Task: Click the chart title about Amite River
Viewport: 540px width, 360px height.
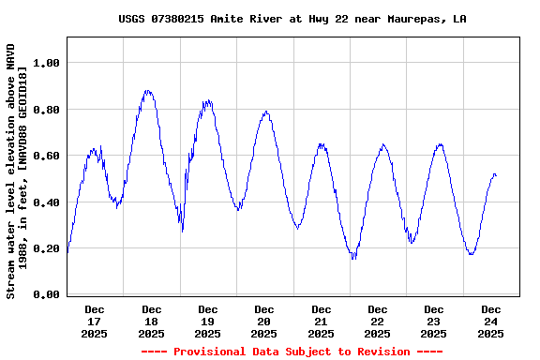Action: pos(292,19)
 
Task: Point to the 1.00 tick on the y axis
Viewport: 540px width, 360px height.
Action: pos(46,63)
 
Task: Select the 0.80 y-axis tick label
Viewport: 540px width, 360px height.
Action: pos(46,110)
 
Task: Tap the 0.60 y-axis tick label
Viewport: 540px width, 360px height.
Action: pos(46,156)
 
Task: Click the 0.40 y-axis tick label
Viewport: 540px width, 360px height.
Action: pos(46,202)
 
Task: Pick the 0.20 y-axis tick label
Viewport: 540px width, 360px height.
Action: pos(46,248)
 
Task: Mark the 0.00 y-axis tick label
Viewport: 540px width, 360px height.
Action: pos(46,295)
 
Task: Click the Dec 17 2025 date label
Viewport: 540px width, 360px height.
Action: pos(95,321)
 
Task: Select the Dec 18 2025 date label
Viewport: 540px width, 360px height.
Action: pos(151,321)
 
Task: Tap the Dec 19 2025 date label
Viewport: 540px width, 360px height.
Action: pos(208,321)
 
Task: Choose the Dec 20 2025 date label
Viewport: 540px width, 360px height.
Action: pos(264,321)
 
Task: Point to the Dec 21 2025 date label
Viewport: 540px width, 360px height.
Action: pos(322,321)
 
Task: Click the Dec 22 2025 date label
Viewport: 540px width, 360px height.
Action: pos(378,321)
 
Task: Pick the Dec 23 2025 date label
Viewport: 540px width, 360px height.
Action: pos(434,321)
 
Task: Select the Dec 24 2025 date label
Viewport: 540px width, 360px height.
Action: pos(491,321)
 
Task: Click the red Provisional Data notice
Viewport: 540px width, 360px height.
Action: pos(292,352)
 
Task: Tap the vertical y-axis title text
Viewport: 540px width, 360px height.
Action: pos(17,171)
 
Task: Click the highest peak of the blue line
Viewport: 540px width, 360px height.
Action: pos(147,91)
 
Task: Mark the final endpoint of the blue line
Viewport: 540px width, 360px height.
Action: pos(496,175)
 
